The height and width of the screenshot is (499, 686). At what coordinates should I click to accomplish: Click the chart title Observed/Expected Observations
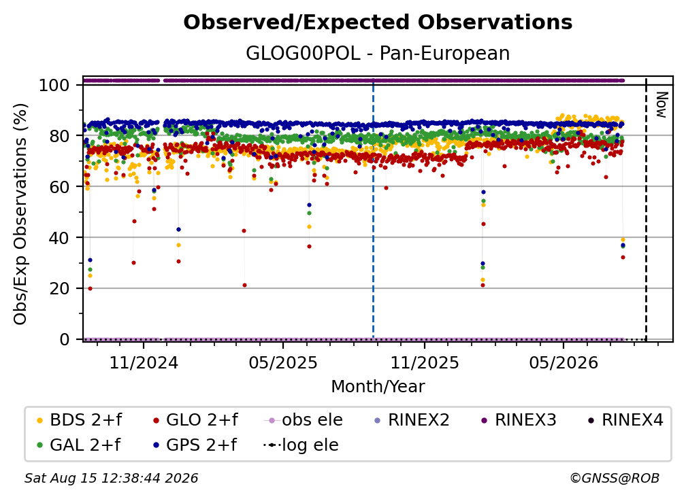tap(378, 22)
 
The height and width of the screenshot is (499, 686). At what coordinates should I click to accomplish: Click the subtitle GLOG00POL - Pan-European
tap(378, 53)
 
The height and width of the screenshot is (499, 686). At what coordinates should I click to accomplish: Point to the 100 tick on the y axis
tap(54, 85)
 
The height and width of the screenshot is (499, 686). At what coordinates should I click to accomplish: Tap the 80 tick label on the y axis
tap(59, 136)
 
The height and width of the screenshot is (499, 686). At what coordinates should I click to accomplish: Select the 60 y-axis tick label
tap(59, 186)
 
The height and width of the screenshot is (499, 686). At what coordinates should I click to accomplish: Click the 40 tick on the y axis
tap(59, 238)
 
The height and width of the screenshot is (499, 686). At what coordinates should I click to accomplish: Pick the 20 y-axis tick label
tap(59, 288)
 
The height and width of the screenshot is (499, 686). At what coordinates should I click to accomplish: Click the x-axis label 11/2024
tap(144, 362)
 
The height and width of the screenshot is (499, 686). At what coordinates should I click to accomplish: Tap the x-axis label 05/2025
tap(283, 362)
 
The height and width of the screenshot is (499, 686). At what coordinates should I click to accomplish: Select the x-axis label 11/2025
tap(425, 362)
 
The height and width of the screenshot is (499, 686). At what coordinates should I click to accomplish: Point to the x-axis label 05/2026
tap(563, 362)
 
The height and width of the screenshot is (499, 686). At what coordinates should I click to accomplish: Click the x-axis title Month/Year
tap(378, 386)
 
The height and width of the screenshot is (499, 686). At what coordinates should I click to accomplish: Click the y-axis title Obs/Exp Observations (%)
tap(20, 213)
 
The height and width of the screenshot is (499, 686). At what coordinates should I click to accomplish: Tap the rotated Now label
tap(661, 105)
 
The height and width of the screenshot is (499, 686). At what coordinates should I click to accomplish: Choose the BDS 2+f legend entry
tap(79, 420)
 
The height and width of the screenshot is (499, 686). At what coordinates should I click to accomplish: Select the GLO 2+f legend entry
tap(195, 420)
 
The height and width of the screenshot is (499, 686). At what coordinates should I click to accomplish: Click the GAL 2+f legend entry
tap(78, 445)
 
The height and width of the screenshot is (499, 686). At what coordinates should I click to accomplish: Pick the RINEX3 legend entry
tap(519, 420)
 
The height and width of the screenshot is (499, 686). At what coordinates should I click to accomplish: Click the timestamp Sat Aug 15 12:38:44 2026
tap(111, 478)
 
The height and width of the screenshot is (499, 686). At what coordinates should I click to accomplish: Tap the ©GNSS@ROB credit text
tap(615, 478)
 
